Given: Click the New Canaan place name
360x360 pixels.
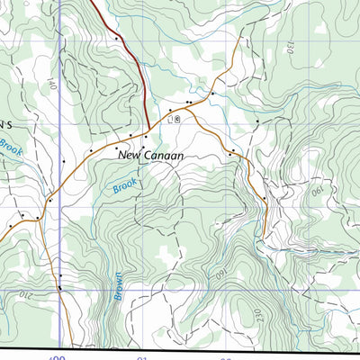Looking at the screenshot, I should coord(151,156).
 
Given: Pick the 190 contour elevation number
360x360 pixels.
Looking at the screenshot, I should coord(317,193).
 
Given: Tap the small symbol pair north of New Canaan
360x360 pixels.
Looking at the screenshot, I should coord(174,119).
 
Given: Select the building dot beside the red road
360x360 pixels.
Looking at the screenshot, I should coord(116,39).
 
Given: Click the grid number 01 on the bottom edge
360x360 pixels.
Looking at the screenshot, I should coord(141,356).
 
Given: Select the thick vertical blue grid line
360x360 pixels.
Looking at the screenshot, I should coord(60,180).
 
